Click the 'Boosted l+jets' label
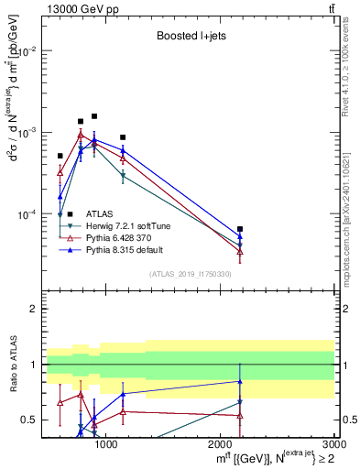[190, 38]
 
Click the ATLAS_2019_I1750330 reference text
[190, 274]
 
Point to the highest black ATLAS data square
[94, 116]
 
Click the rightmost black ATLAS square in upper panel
[240, 229]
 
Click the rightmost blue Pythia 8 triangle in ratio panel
[240, 381]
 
